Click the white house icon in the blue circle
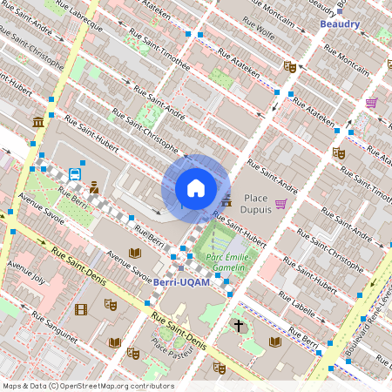196,188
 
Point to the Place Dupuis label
260,204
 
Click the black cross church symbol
238,326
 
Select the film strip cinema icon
81,309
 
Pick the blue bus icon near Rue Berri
75,173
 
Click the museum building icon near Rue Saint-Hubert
37,122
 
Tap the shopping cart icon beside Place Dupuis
280,204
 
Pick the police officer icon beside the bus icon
94,186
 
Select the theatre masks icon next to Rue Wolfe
290,66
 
